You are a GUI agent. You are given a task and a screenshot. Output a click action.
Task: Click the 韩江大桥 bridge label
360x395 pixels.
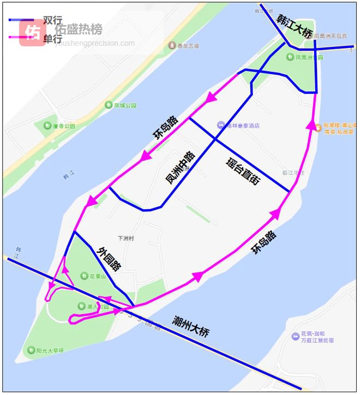295,26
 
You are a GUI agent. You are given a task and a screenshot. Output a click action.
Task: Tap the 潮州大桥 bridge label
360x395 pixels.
190,326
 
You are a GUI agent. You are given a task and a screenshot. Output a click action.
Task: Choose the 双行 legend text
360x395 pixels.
52,20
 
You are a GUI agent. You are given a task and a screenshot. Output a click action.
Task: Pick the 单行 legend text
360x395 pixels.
52,39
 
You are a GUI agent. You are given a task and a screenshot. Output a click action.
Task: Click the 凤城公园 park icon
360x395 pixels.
109,105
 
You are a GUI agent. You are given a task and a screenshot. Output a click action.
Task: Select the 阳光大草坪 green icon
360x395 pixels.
32,350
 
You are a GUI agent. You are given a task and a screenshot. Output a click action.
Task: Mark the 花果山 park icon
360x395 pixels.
83,276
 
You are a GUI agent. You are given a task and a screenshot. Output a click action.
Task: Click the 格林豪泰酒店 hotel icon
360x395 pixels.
220,125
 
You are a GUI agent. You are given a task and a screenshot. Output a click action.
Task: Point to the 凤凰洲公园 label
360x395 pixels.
309,57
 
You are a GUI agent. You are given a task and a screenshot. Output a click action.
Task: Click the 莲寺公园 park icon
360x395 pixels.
47,126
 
